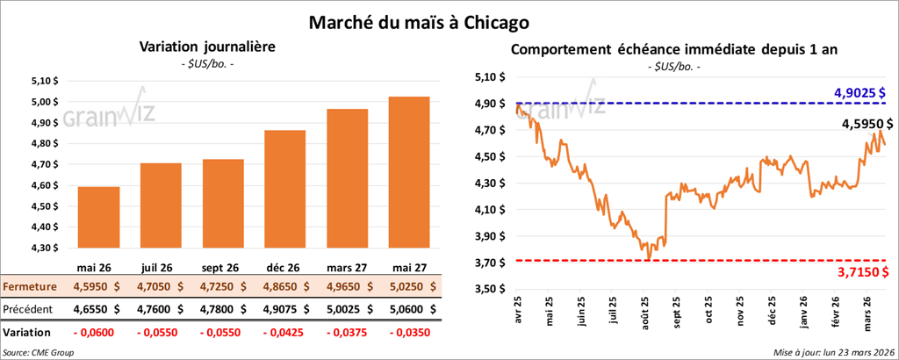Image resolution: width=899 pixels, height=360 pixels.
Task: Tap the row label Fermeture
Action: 30,286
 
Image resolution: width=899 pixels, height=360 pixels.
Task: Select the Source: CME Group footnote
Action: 38,352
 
